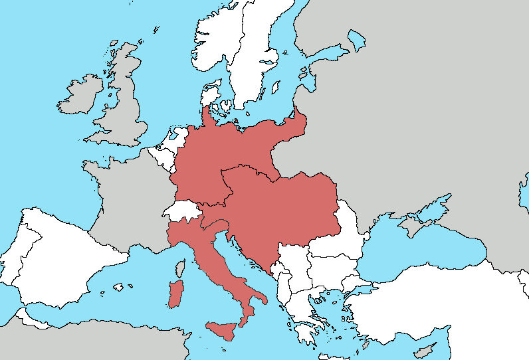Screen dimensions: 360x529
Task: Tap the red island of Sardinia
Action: [175, 294]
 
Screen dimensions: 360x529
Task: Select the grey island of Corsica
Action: [179, 269]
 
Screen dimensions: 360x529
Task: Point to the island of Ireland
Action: [80, 96]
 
